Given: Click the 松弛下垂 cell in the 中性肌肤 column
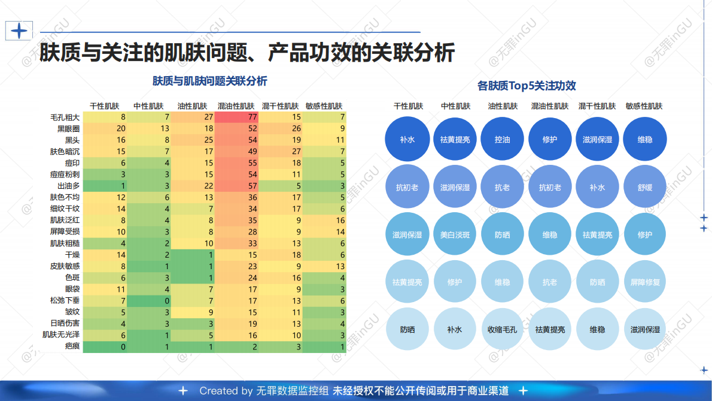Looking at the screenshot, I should click(x=148, y=300).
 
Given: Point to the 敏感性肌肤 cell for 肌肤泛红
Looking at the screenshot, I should click(x=324, y=220).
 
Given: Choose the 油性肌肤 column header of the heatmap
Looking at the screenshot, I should click(x=192, y=105).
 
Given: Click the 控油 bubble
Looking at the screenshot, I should click(x=502, y=139).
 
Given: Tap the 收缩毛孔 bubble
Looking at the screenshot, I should click(x=502, y=329).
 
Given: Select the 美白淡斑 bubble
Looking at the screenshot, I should click(x=455, y=234).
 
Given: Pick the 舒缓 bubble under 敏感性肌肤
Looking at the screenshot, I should click(x=644, y=187).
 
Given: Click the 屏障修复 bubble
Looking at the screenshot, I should click(x=644, y=282).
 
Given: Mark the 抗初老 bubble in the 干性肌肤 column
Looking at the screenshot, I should click(x=407, y=187).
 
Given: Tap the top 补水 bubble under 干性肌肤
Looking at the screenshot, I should click(x=407, y=139).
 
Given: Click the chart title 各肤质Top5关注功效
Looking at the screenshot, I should click(x=526, y=86).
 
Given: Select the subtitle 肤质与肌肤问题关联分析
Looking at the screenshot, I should click(x=209, y=81).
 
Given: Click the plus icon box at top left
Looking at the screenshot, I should click(x=19, y=31).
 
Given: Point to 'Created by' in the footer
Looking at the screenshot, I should click(x=226, y=391).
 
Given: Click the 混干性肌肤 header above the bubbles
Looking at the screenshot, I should click(x=597, y=106).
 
